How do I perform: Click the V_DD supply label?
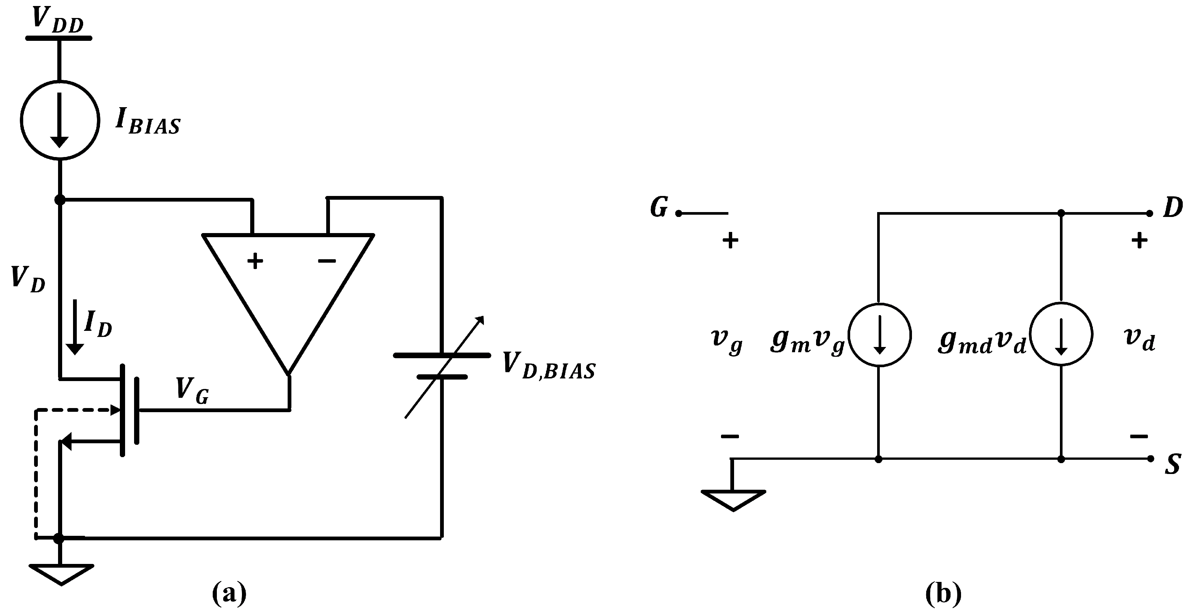coord(58,20)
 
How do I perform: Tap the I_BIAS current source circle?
coord(60,120)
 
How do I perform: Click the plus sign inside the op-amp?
coord(255,261)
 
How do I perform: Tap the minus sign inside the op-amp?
coord(327,261)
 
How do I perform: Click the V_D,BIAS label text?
coord(549,365)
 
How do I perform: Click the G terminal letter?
coord(659,208)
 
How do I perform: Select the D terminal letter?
coord(1173,208)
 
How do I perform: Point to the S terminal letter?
coord(1173,465)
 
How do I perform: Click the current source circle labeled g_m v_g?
coord(879,335)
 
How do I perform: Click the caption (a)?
coord(229,594)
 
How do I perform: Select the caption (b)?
coord(943,594)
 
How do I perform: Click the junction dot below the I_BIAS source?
coord(60,200)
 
